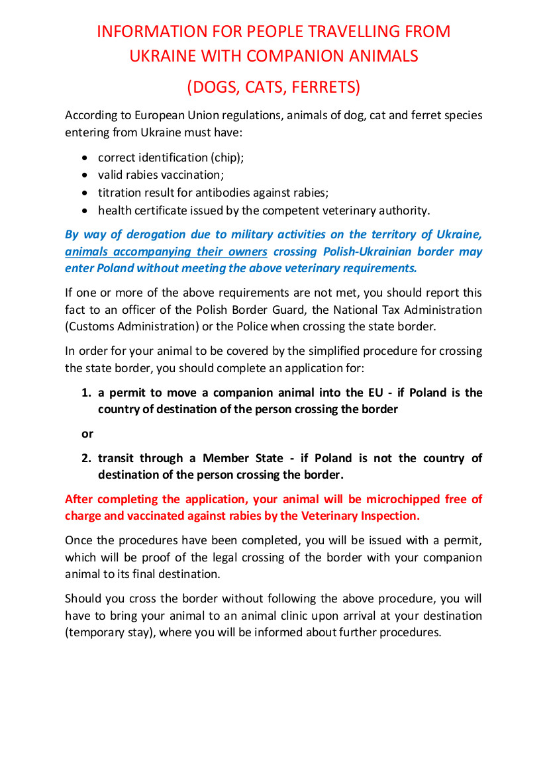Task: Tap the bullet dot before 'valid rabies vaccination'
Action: point(84,175)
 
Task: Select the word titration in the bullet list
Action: point(119,193)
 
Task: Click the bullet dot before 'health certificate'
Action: point(84,211)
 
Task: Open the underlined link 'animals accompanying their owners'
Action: point(166,252)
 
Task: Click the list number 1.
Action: point(85,393)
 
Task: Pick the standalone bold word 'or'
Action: point(87,434)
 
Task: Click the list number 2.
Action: point(85,458)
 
